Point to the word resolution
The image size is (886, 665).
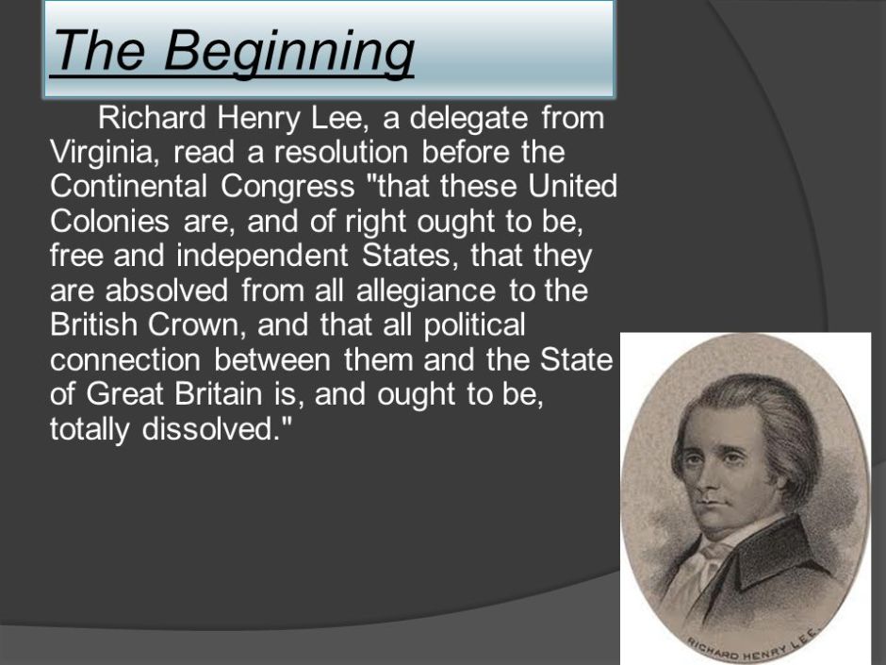click(341, 153)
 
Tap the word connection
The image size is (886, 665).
click(124, 359)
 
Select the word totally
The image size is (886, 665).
click(90, 427)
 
